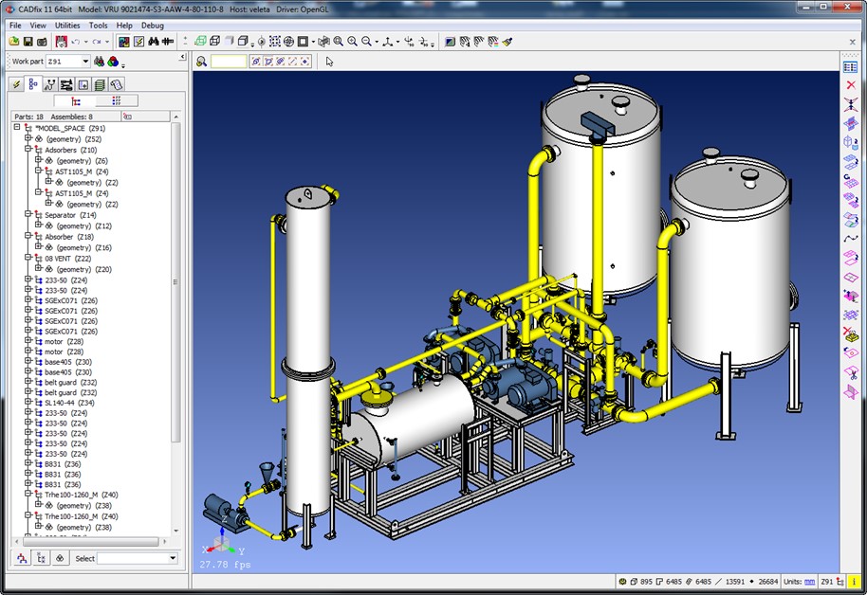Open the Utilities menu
click(67, 26)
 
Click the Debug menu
click(152, 26)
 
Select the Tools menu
click(99, 26)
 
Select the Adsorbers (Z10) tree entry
click(71, 150)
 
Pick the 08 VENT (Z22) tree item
click(67, 258)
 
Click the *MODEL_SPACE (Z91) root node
click(70, 128)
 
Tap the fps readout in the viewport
click(225, 565)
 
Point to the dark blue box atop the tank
click(600, 120)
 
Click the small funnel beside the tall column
click(267, 470)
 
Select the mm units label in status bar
click(809, 581)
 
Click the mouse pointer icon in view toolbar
click(329, 62)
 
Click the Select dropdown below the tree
click(138, 558)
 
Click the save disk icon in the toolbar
click(28, 42)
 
